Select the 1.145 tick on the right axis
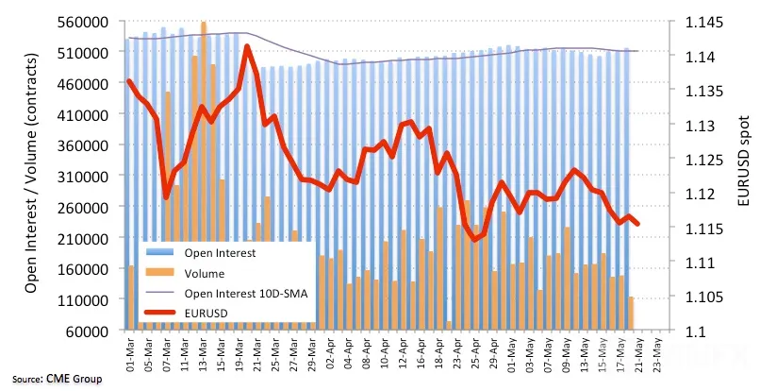coord(702,23)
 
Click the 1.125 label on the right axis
coord(702,160)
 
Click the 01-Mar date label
coord(130,353)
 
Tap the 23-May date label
coord(658,353)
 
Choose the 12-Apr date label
coord(403,353)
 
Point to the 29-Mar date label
coord(312,353)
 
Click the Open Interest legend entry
coord(220,252)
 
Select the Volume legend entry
coord(204,274)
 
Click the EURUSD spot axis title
coord(744,161)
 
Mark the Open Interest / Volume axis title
coord(31,173)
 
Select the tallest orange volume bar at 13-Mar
coord(204,175)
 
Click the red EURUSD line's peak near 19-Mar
coord(247,46)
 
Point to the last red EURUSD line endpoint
coord(637,224)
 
